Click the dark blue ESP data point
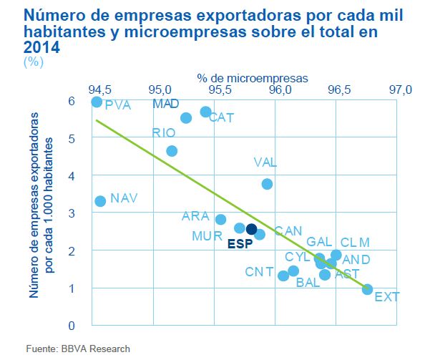251,229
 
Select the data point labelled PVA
97,102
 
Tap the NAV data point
100,201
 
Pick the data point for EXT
367,289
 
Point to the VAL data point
267,184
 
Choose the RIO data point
172,151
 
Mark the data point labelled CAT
205,112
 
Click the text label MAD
167,104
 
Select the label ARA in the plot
195,215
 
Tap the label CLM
355,242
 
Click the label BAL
308,283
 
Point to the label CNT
259,272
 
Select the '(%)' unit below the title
34,62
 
